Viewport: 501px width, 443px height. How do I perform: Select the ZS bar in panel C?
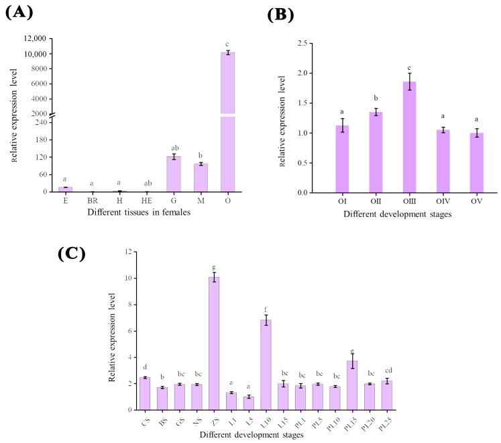(214, 343)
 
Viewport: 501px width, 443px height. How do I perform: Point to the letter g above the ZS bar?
(214, 266)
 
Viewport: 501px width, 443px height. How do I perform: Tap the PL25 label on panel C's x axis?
(386, 421)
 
